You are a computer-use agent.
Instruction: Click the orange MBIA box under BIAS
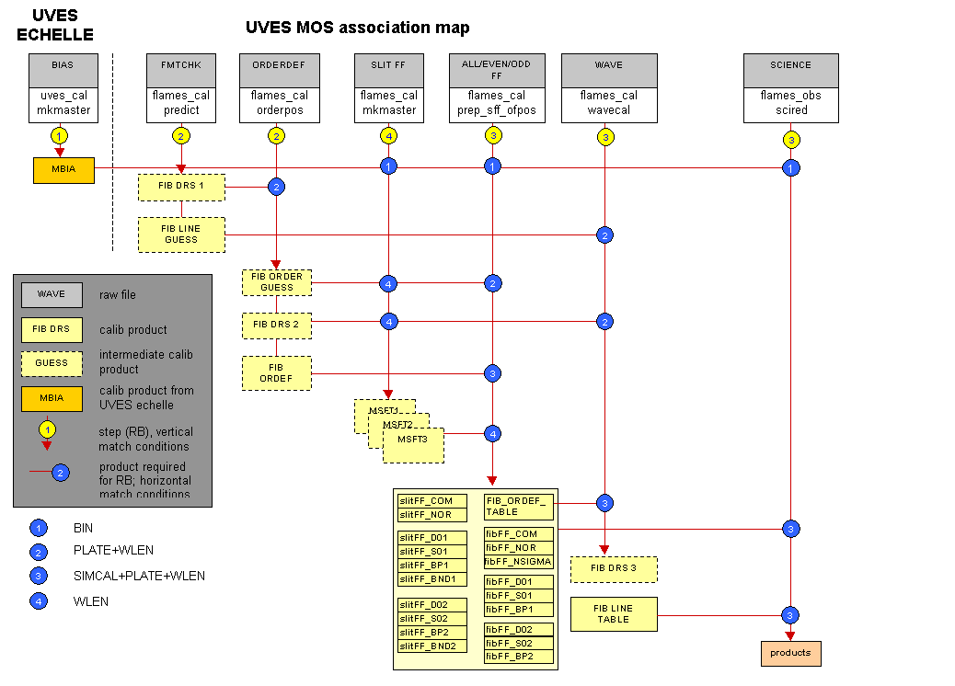[x=63, y=170]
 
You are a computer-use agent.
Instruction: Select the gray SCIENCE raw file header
[x=791, y=70]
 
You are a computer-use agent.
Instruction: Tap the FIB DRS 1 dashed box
[x=181, y=188]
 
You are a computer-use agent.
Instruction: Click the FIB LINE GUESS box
[x=181, y=234]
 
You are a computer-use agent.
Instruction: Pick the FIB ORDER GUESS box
[x=277, y=282]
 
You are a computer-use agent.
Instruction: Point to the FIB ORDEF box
[x=277, y=373]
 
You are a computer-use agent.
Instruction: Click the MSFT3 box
[x=413, y=445]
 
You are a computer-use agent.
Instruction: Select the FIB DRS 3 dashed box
[x=614, y=569]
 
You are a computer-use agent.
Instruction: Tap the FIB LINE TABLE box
[x=614, y=614]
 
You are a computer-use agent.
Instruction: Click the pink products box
[x=790, y=653]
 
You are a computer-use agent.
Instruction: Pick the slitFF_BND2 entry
[x=432, y=646]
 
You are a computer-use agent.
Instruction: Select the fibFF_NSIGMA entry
[x=519, y=562]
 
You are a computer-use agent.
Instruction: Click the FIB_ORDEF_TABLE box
[x=519, y=507]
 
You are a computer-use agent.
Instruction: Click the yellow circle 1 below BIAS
[x=60, y=135]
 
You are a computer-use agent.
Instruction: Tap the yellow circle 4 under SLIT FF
[x=388, y=135]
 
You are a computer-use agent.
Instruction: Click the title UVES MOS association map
[x=358, y=28]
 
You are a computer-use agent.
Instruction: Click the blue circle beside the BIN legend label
[x=39, y=529]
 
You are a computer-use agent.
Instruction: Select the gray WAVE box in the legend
[x=52, y=295]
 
